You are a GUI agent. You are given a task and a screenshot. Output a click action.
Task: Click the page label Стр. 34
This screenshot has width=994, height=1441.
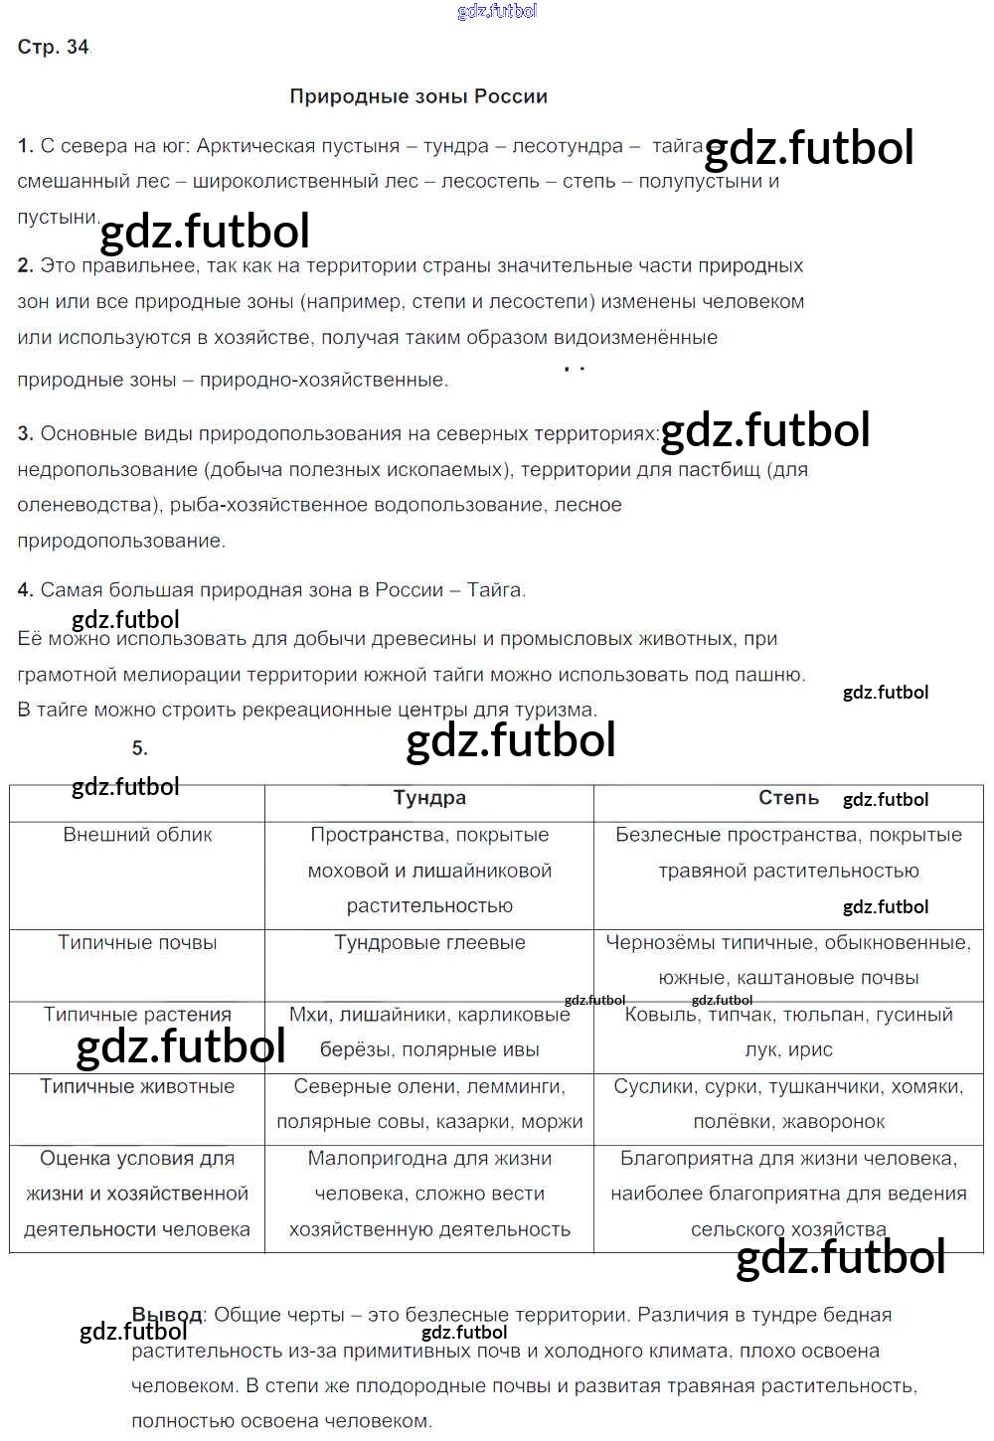tap(54, 47)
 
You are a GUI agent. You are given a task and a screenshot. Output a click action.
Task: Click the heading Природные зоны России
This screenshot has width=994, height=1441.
tap(418, 96)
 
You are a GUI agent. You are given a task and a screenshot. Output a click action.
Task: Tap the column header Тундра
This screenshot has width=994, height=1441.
tap(429, 798)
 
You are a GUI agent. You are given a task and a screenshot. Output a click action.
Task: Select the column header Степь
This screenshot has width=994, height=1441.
tap(788, 798)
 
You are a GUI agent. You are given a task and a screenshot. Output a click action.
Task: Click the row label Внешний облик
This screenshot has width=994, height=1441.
tap(137, 835)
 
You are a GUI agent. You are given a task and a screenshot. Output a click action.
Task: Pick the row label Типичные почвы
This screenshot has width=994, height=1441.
tap(137, 942)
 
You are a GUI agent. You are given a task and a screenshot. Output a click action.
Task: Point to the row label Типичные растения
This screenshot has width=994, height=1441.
tap(137, 1015)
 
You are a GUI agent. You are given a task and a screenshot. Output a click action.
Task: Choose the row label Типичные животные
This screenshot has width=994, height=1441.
tap(137, 1086)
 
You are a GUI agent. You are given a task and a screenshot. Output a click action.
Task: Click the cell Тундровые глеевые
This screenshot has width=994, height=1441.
tap(429, 942)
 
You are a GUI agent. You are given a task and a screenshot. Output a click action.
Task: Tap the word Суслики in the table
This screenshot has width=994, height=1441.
tap(646, 1086)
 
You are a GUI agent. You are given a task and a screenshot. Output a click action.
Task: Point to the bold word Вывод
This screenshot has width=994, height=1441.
tap(167, 1315)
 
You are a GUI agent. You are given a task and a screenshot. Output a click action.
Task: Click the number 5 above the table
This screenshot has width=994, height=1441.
tap(139, 748)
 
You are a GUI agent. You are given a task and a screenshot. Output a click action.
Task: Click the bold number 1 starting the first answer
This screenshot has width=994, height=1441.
tap(25, 146)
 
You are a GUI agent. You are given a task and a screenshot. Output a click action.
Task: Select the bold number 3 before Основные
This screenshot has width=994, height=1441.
tap(25, 433)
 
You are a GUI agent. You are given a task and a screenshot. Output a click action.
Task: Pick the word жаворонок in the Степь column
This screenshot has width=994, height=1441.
tap(834, 1122)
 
